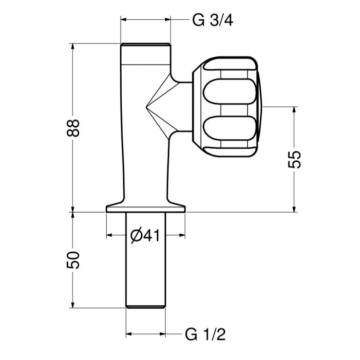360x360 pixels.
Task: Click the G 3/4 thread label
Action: [x=212, y=18]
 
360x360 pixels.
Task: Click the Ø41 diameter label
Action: [x=147, y=236]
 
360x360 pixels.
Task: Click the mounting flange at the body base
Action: [x=147, y=207]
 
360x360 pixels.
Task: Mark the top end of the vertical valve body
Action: [x=147, y=47]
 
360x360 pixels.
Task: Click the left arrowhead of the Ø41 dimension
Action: [x=110, y=236]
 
